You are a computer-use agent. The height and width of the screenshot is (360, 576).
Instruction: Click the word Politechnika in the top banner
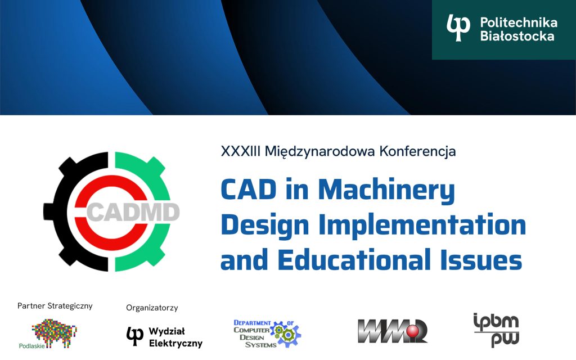click(x=518, y=22)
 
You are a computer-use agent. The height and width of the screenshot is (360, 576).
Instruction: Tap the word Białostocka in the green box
click(x=517, y=36)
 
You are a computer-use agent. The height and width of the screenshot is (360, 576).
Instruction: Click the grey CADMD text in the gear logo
click(x=134, y=213)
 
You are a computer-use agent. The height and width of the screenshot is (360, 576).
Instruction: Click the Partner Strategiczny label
click(x=55, y=306)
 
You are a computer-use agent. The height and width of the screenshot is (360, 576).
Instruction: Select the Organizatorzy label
click(x=152, y=308)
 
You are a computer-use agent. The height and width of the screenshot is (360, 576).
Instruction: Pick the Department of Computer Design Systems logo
click(x=267, y=333)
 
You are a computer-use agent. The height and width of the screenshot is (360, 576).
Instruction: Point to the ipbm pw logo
click(x=496, y=330)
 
